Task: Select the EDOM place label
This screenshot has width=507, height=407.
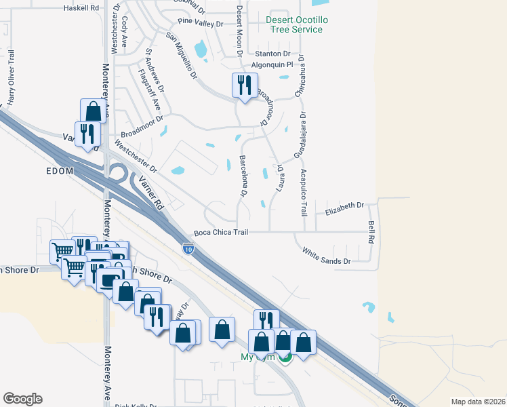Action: click(x=59, y=171)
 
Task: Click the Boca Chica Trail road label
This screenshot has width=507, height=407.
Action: click(x=221, y=233)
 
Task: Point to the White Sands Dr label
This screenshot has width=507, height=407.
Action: click(x=326, y=256)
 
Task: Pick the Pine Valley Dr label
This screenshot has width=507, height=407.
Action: click(x=201, y=24)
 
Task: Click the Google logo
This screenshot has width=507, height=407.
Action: click(x=22, y=399)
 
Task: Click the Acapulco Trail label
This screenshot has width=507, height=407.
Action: click(x=304, y=193)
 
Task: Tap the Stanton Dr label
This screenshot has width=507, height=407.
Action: click(x=272, y=54)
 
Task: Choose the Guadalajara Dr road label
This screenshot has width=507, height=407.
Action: click(x=298, y=136)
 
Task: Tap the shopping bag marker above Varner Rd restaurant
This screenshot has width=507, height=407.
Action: click(x=92, y=111)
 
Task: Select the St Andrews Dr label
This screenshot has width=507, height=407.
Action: click(x=155, y=70)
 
